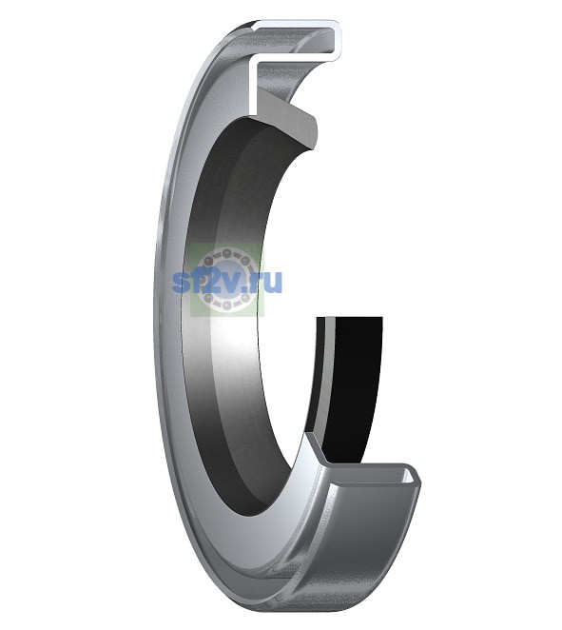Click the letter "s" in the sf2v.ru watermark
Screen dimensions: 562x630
(181, 283)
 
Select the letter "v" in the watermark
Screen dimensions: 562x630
(231, 283)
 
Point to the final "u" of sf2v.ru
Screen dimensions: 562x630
(273, 283)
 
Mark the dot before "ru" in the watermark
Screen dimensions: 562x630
(246, 289)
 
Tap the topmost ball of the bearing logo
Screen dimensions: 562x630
(227, 254)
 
